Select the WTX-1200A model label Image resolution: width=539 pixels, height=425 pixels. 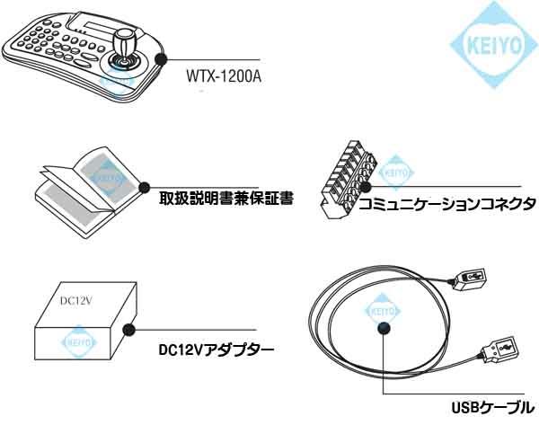pyautogui.click(x=222, y=75)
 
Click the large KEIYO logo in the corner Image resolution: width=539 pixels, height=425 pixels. pyautogui.click(x=491, y=43)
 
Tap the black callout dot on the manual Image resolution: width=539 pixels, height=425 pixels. pyautogui.click(x=143, y=188)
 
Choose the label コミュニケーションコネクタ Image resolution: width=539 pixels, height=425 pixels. pyautogui.click(x=446, y=204)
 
